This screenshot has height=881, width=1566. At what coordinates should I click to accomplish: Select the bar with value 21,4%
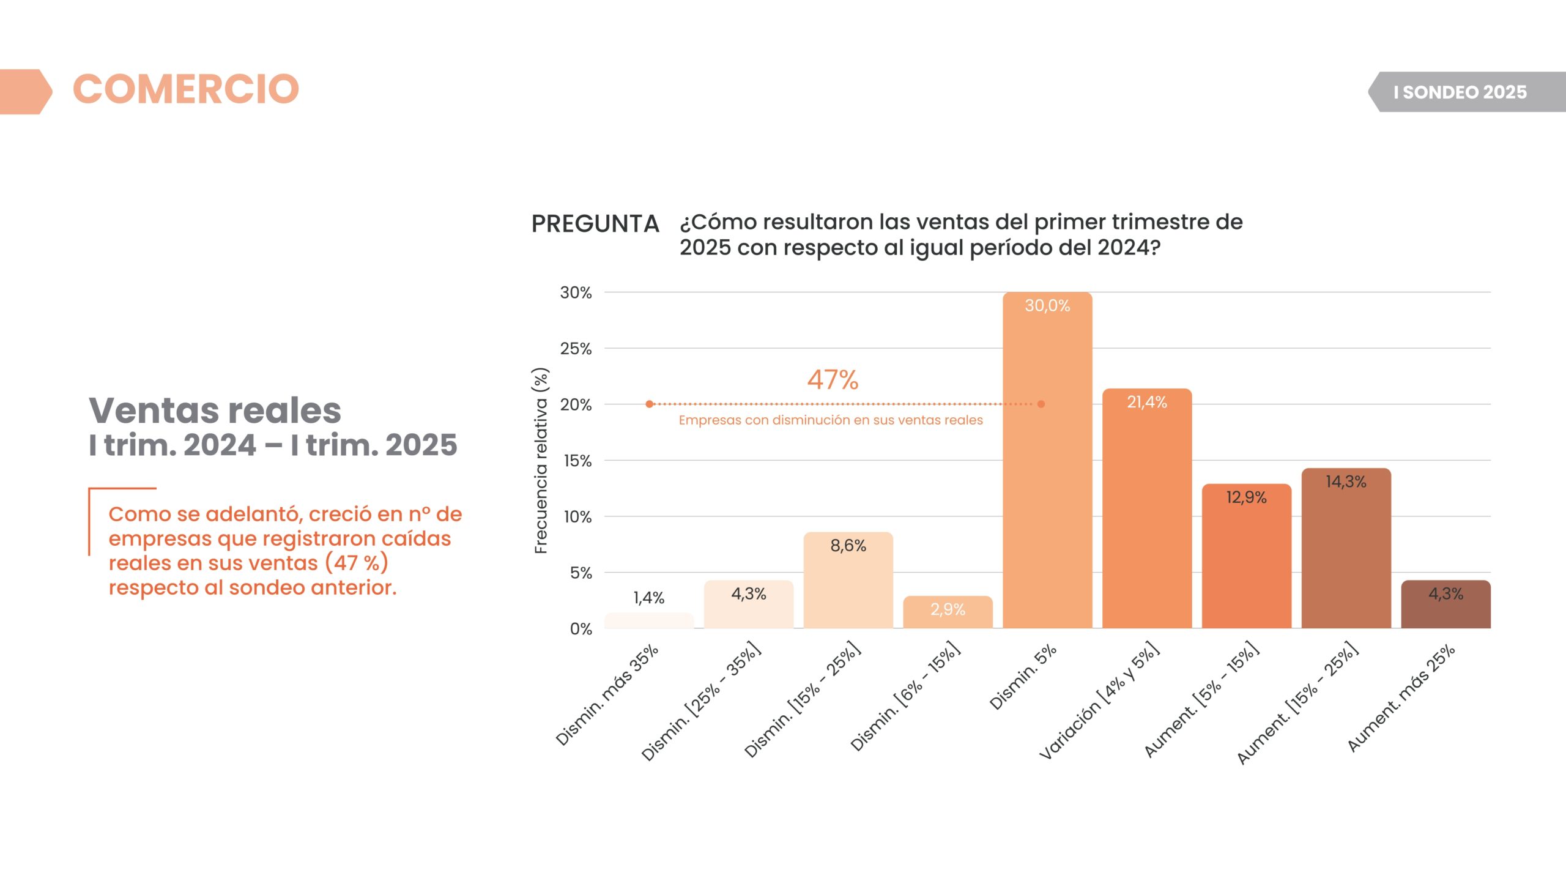point(1147,508)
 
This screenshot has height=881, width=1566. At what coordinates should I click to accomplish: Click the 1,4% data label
point(648,598)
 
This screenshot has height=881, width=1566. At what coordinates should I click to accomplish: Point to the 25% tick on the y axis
point(576,349)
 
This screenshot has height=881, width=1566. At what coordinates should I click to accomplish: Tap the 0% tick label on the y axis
point(581,629)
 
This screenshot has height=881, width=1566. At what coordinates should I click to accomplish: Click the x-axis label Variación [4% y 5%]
point(1099,701)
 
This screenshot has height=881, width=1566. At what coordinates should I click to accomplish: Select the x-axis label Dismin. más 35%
point(607,695)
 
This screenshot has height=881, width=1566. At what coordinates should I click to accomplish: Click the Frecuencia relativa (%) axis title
point(541,461)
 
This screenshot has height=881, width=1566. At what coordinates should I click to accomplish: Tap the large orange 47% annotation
point(833,380)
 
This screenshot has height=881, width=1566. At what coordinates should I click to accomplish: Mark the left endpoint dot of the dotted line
point(650,404)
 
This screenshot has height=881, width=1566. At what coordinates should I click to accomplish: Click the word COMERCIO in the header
point(186,89)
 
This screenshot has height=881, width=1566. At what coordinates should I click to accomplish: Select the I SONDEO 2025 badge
point(1460,92)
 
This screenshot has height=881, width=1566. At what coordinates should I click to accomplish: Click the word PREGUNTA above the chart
point(595,224)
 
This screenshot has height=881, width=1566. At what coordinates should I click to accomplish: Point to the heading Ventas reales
point(215,410)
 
